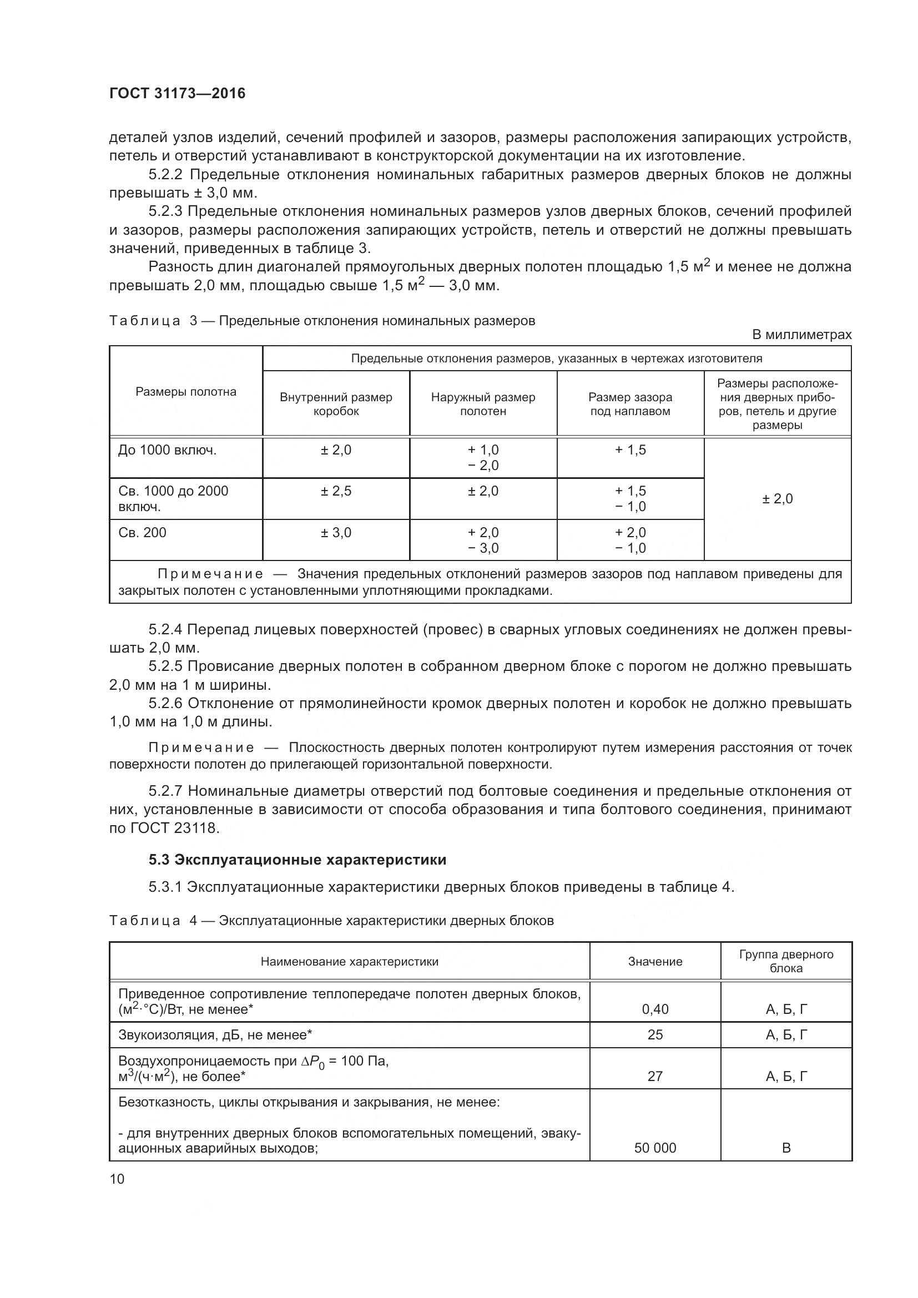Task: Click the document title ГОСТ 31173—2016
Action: click(177, 93)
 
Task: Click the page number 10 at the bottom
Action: click(117, 1179)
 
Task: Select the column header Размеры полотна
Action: click(185, 392)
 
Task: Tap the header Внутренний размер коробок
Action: click(336, 403)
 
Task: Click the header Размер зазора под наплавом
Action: click(630, 403)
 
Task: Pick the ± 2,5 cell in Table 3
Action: click(336, 491)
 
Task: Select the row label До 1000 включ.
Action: click(167, 450)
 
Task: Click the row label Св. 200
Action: click(143, 532)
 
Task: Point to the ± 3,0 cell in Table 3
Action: click(336, 532)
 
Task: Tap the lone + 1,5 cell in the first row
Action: click(630, 450)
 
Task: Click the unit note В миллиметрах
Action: click(801, 335)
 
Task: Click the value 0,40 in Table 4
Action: click(654, 1009)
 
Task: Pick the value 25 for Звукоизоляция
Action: click(654, 1034)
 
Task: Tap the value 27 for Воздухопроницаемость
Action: click(654, 1076)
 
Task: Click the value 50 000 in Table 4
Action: click(654, 1148)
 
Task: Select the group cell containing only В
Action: click(786, 1148)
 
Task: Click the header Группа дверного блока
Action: click(786, 961)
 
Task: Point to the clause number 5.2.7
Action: click(165, 790)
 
